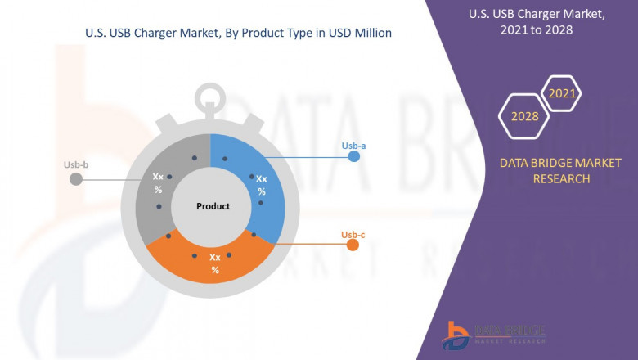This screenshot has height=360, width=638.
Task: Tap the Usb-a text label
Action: pos(353,146)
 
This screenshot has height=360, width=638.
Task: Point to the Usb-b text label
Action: pos(76,165)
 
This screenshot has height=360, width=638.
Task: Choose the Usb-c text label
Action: pos(353,235)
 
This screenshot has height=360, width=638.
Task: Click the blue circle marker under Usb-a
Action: pos(353,158)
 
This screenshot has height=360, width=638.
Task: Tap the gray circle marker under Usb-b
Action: pos(76,178)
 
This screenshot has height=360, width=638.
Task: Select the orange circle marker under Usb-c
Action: pos(353,245)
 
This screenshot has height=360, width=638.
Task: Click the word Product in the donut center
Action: pos(213,206)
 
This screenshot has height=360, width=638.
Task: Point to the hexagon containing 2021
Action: pos(563,94)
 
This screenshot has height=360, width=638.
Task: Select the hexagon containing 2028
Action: pos(525,116)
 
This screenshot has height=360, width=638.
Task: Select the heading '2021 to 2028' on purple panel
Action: pos(531,29)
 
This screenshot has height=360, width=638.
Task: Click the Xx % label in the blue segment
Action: pos(262,185)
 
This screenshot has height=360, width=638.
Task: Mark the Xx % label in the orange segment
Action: pos(215,263)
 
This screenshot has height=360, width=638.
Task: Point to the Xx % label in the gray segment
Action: pos(158,182)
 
